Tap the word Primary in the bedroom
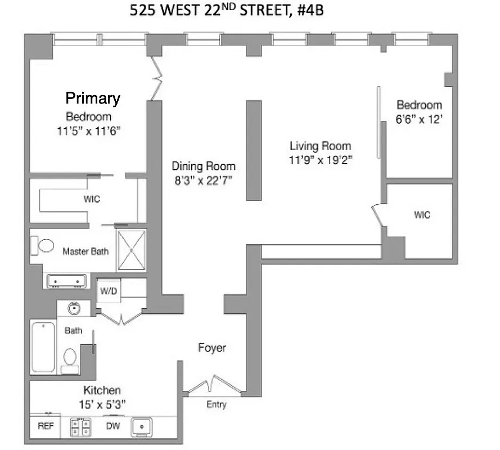(x=93, y=98)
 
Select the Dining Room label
(x=204, y=166)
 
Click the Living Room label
(x=320, y=146)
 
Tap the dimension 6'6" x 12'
(x=420, y=118)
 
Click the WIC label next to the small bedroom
(x=422, y=215)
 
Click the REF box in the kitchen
(x=46, y=426)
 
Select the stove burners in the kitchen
(x=80, y=427)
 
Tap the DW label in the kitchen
(x=112, y=426)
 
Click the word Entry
(x=217, y=404)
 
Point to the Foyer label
(x=212, y=348)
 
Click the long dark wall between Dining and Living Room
(x=253, y=150)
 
